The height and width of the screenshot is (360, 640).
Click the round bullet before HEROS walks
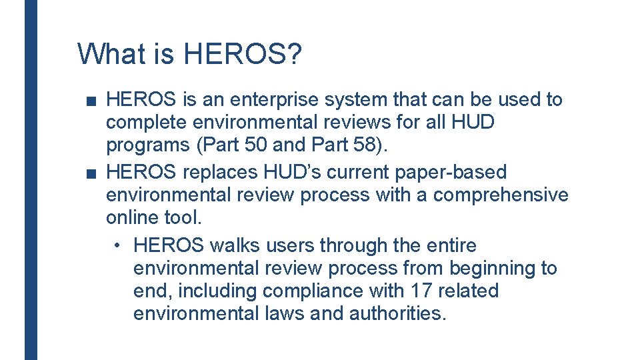pyautogui.click(x=117, y=246)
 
